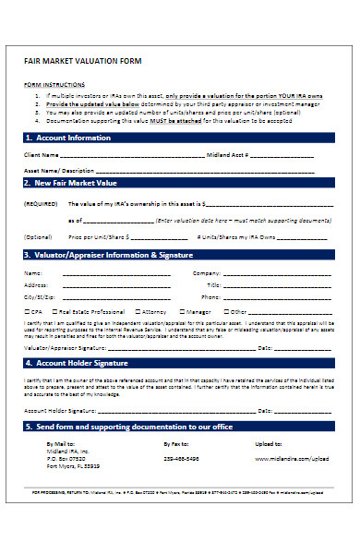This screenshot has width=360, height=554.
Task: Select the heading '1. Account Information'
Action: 65,138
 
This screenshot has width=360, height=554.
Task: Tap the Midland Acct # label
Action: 226,155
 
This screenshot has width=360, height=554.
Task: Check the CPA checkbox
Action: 27,312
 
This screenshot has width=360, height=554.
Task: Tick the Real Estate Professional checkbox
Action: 53,312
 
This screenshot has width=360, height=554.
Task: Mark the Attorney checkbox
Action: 138,312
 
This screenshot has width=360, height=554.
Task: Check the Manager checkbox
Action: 183,312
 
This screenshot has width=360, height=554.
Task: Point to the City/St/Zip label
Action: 40,298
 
